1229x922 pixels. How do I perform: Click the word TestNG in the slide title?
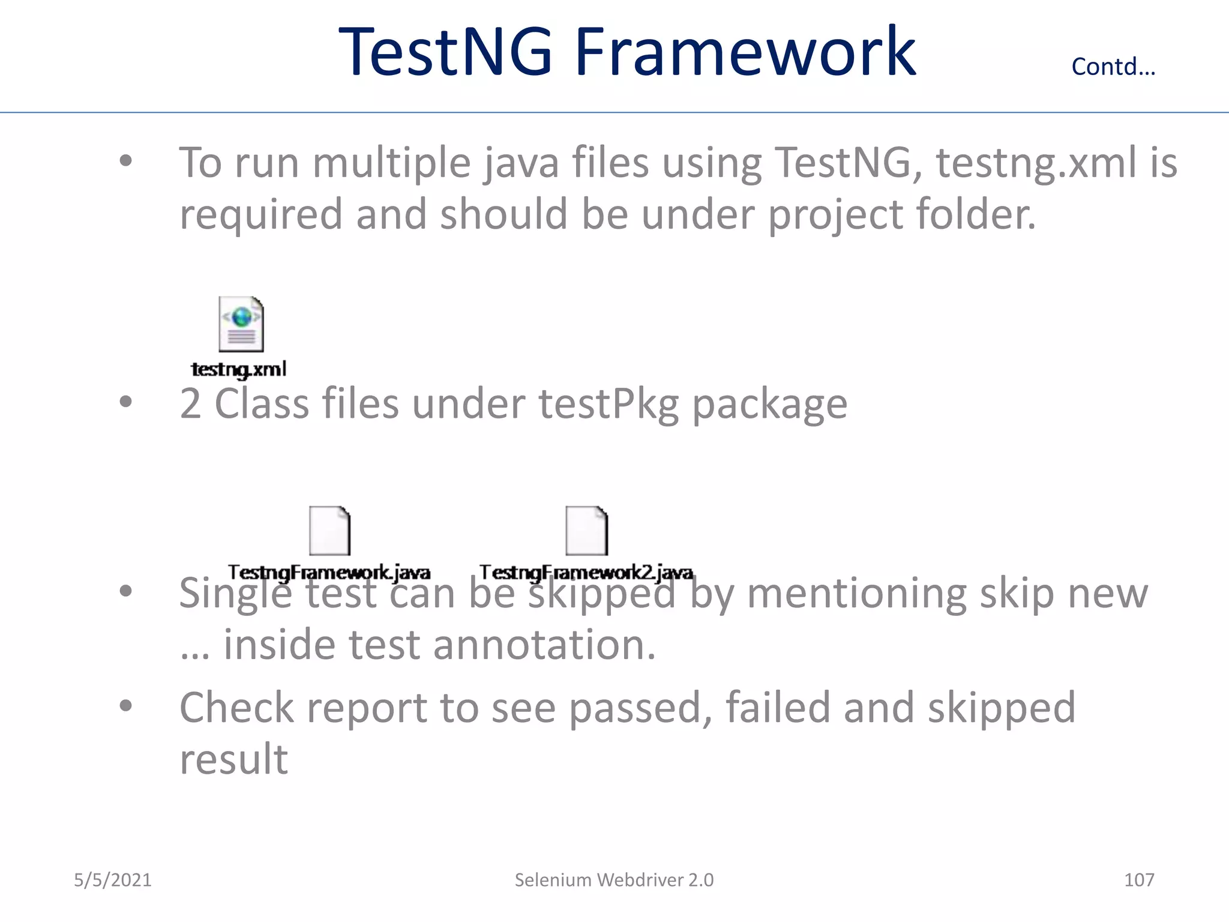[x=445, y=53]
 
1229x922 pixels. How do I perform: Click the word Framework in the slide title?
[x=745, y=53]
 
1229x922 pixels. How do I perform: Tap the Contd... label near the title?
[x=1113, y=67]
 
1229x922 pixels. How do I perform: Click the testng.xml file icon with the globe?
[x=241, y=324]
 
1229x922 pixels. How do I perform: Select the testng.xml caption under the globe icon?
[x=239, y=369]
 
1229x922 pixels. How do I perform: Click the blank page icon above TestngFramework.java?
[x=329, y=531]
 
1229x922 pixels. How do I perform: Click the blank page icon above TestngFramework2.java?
[x=586, y=531]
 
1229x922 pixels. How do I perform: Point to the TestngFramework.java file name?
[x=329, y=572]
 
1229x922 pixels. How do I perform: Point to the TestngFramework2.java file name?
[x=586, y=572]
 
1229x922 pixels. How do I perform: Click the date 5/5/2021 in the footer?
[x=113, y=880]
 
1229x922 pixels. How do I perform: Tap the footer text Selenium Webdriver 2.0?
[x=614, y=880]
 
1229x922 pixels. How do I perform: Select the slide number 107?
[x=1138, y=880]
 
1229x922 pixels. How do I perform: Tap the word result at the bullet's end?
[x=234, y=759]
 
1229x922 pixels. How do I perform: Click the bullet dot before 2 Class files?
[x=125, y=402]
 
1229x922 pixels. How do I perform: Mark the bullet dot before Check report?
[x=125, y=706]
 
